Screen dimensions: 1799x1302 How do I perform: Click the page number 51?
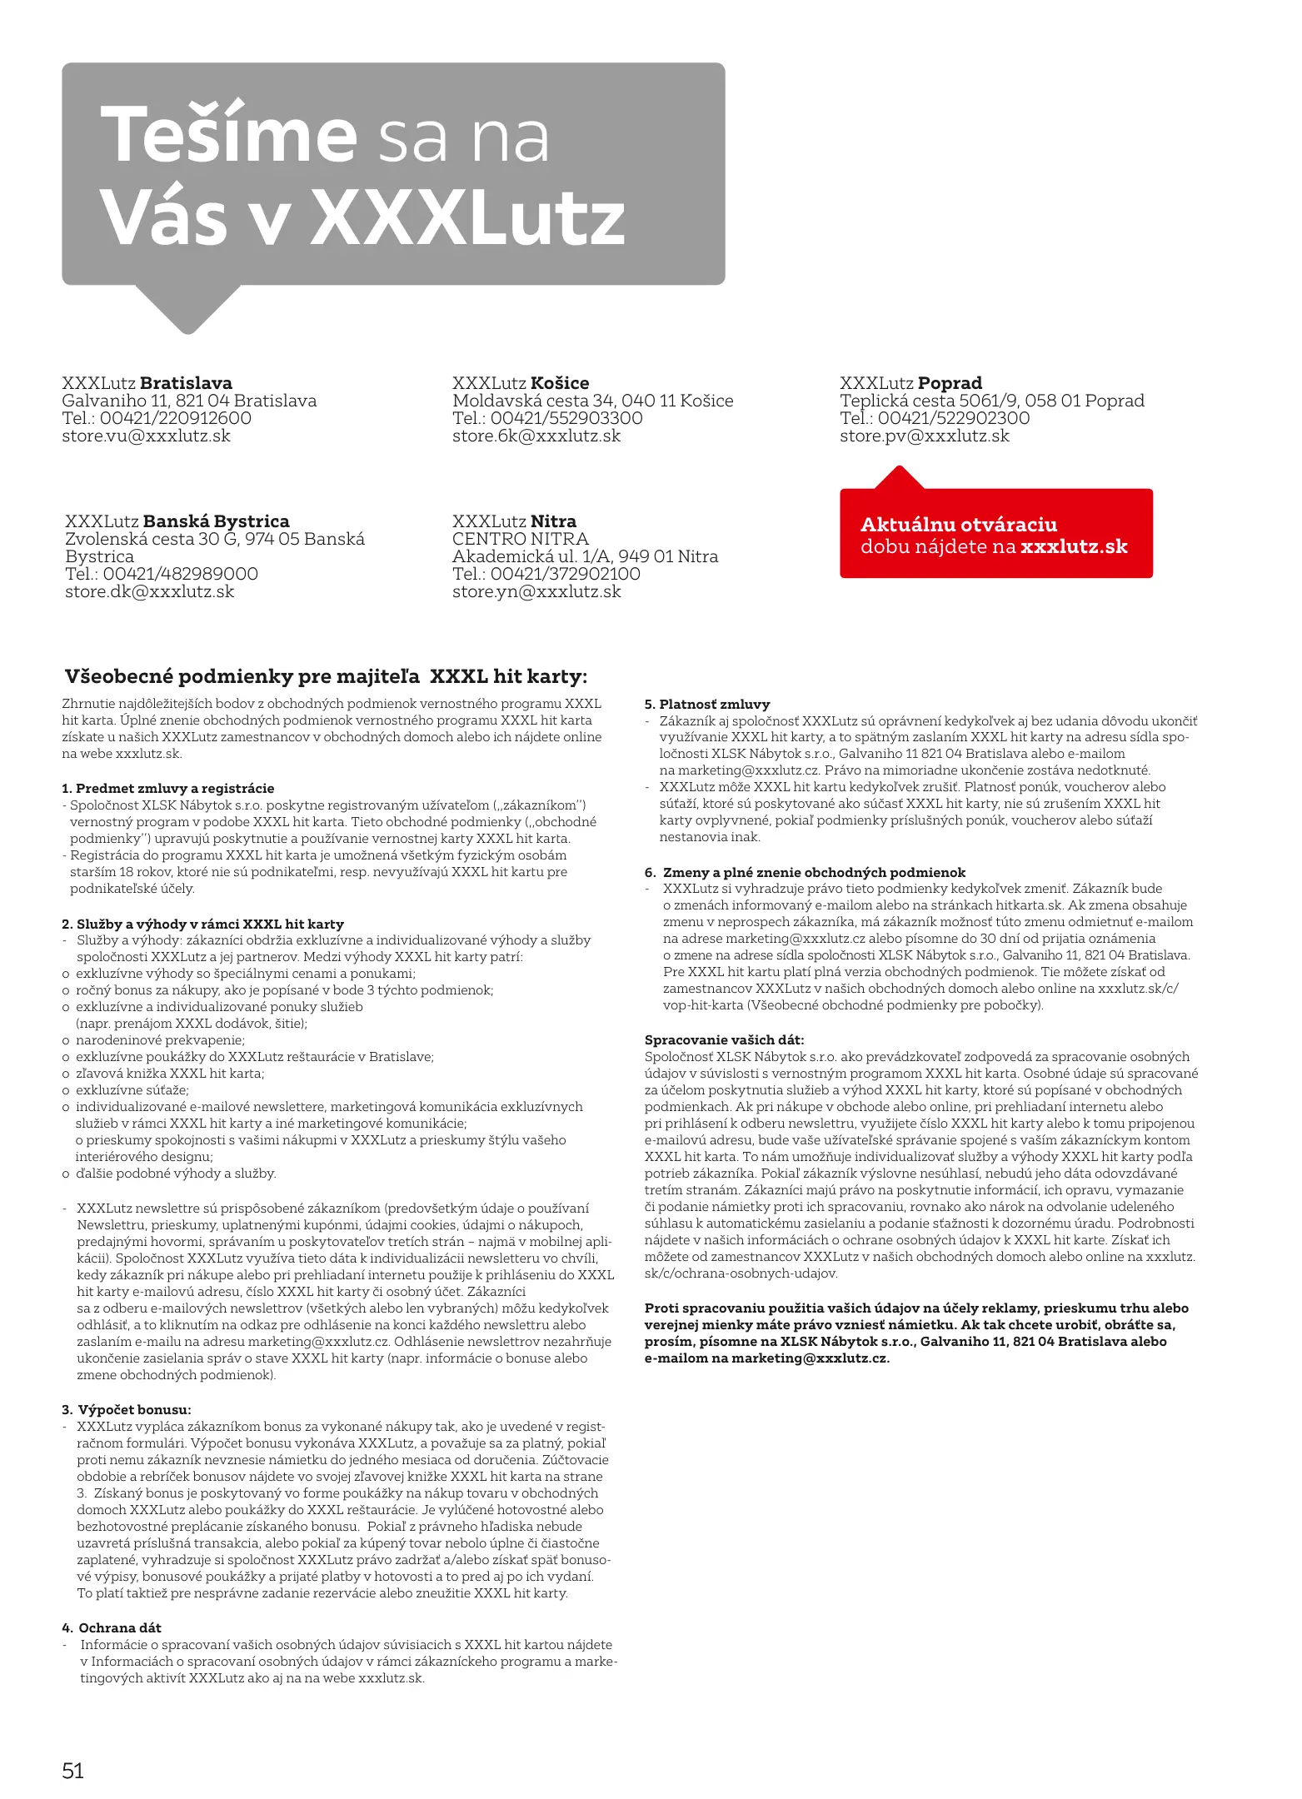tap(73, 1770)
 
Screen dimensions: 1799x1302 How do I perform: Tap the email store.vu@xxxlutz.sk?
tap(146, 436)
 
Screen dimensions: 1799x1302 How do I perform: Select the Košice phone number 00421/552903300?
tap(566, 418)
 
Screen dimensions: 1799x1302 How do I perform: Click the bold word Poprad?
tap(950, 383)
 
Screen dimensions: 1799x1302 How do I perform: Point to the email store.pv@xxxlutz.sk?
tap(924, 436)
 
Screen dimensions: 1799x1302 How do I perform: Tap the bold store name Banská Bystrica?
tap(216, 521)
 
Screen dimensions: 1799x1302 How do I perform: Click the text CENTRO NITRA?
tap(520, 539)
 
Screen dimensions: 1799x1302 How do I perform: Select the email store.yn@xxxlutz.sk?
tap(536, 591)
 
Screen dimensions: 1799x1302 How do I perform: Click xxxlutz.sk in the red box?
tap(1074, 546)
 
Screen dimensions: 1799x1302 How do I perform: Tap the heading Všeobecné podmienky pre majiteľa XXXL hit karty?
tap(326, 676)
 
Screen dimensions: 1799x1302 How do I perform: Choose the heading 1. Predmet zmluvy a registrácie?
tap(167, 788)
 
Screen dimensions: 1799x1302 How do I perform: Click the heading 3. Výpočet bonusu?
tap(127, 1409)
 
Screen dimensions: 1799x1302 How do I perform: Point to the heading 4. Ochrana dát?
tap(112, 1627)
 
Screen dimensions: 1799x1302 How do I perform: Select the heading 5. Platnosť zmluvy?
tap(707, 704)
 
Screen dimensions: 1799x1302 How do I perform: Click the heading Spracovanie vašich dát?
tap(724, 1039)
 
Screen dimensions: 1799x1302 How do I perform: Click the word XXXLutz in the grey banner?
tap(467, 218)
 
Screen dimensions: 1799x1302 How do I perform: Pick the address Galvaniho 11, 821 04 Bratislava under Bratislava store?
tap(189, 401)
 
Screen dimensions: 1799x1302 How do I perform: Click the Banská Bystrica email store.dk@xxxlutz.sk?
tap(149, 591)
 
